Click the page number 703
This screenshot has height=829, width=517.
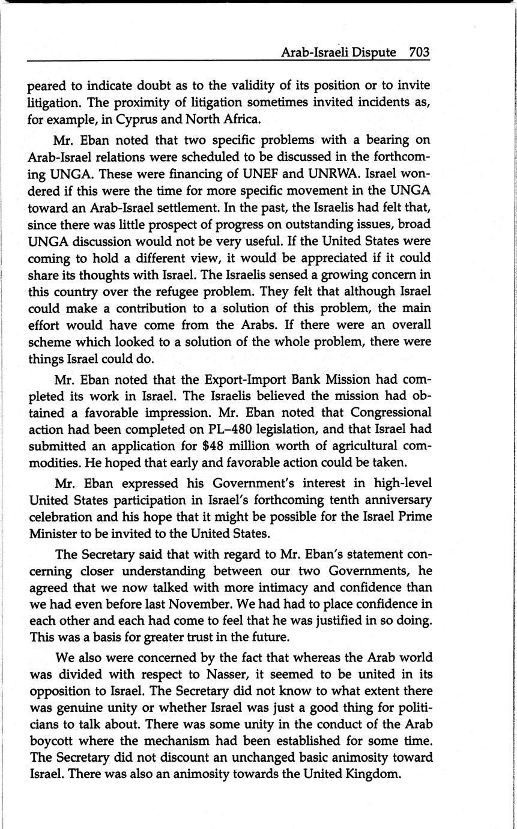click(419, 52)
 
